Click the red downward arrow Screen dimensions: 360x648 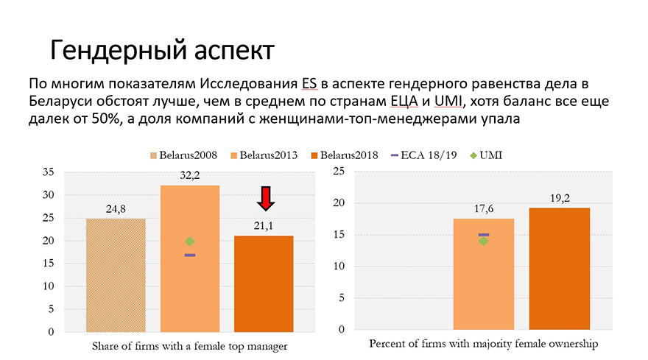tap(267, 197)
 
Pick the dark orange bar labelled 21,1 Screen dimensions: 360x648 tap(264, 283)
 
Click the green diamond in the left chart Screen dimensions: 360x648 tap(190, 241)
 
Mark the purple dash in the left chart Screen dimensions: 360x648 tap(190, 255)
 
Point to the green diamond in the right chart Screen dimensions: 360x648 tap(483, 241)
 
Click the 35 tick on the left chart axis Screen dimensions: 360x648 tap(49, 172)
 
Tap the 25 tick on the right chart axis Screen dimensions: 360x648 tap(339, 172)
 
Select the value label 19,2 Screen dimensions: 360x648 tap(560, 199)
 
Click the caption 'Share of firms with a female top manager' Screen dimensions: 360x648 tap(189, 345)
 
